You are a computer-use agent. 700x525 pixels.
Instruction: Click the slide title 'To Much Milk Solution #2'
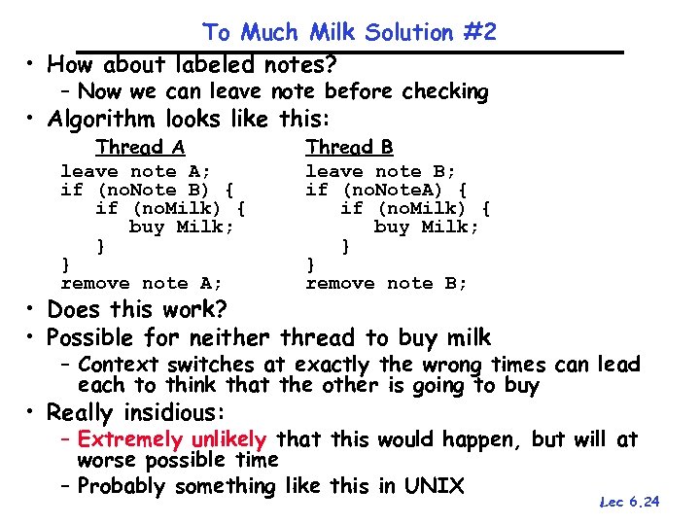350,32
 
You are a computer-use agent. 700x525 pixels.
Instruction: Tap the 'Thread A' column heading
140,147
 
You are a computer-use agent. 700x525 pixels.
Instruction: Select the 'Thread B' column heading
349,147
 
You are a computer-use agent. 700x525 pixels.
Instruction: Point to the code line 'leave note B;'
380,171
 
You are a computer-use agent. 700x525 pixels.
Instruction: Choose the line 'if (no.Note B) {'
147,190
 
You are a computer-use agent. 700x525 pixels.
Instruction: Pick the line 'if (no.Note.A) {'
386,190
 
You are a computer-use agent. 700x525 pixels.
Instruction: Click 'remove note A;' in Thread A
141,283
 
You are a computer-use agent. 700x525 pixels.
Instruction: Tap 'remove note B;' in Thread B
386,283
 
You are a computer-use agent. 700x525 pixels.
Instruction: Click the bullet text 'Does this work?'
137,310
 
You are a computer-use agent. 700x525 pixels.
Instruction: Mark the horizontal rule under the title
350,51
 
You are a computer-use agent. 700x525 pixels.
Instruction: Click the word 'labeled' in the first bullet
213,65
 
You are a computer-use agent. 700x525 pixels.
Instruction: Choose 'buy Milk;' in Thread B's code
427,227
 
